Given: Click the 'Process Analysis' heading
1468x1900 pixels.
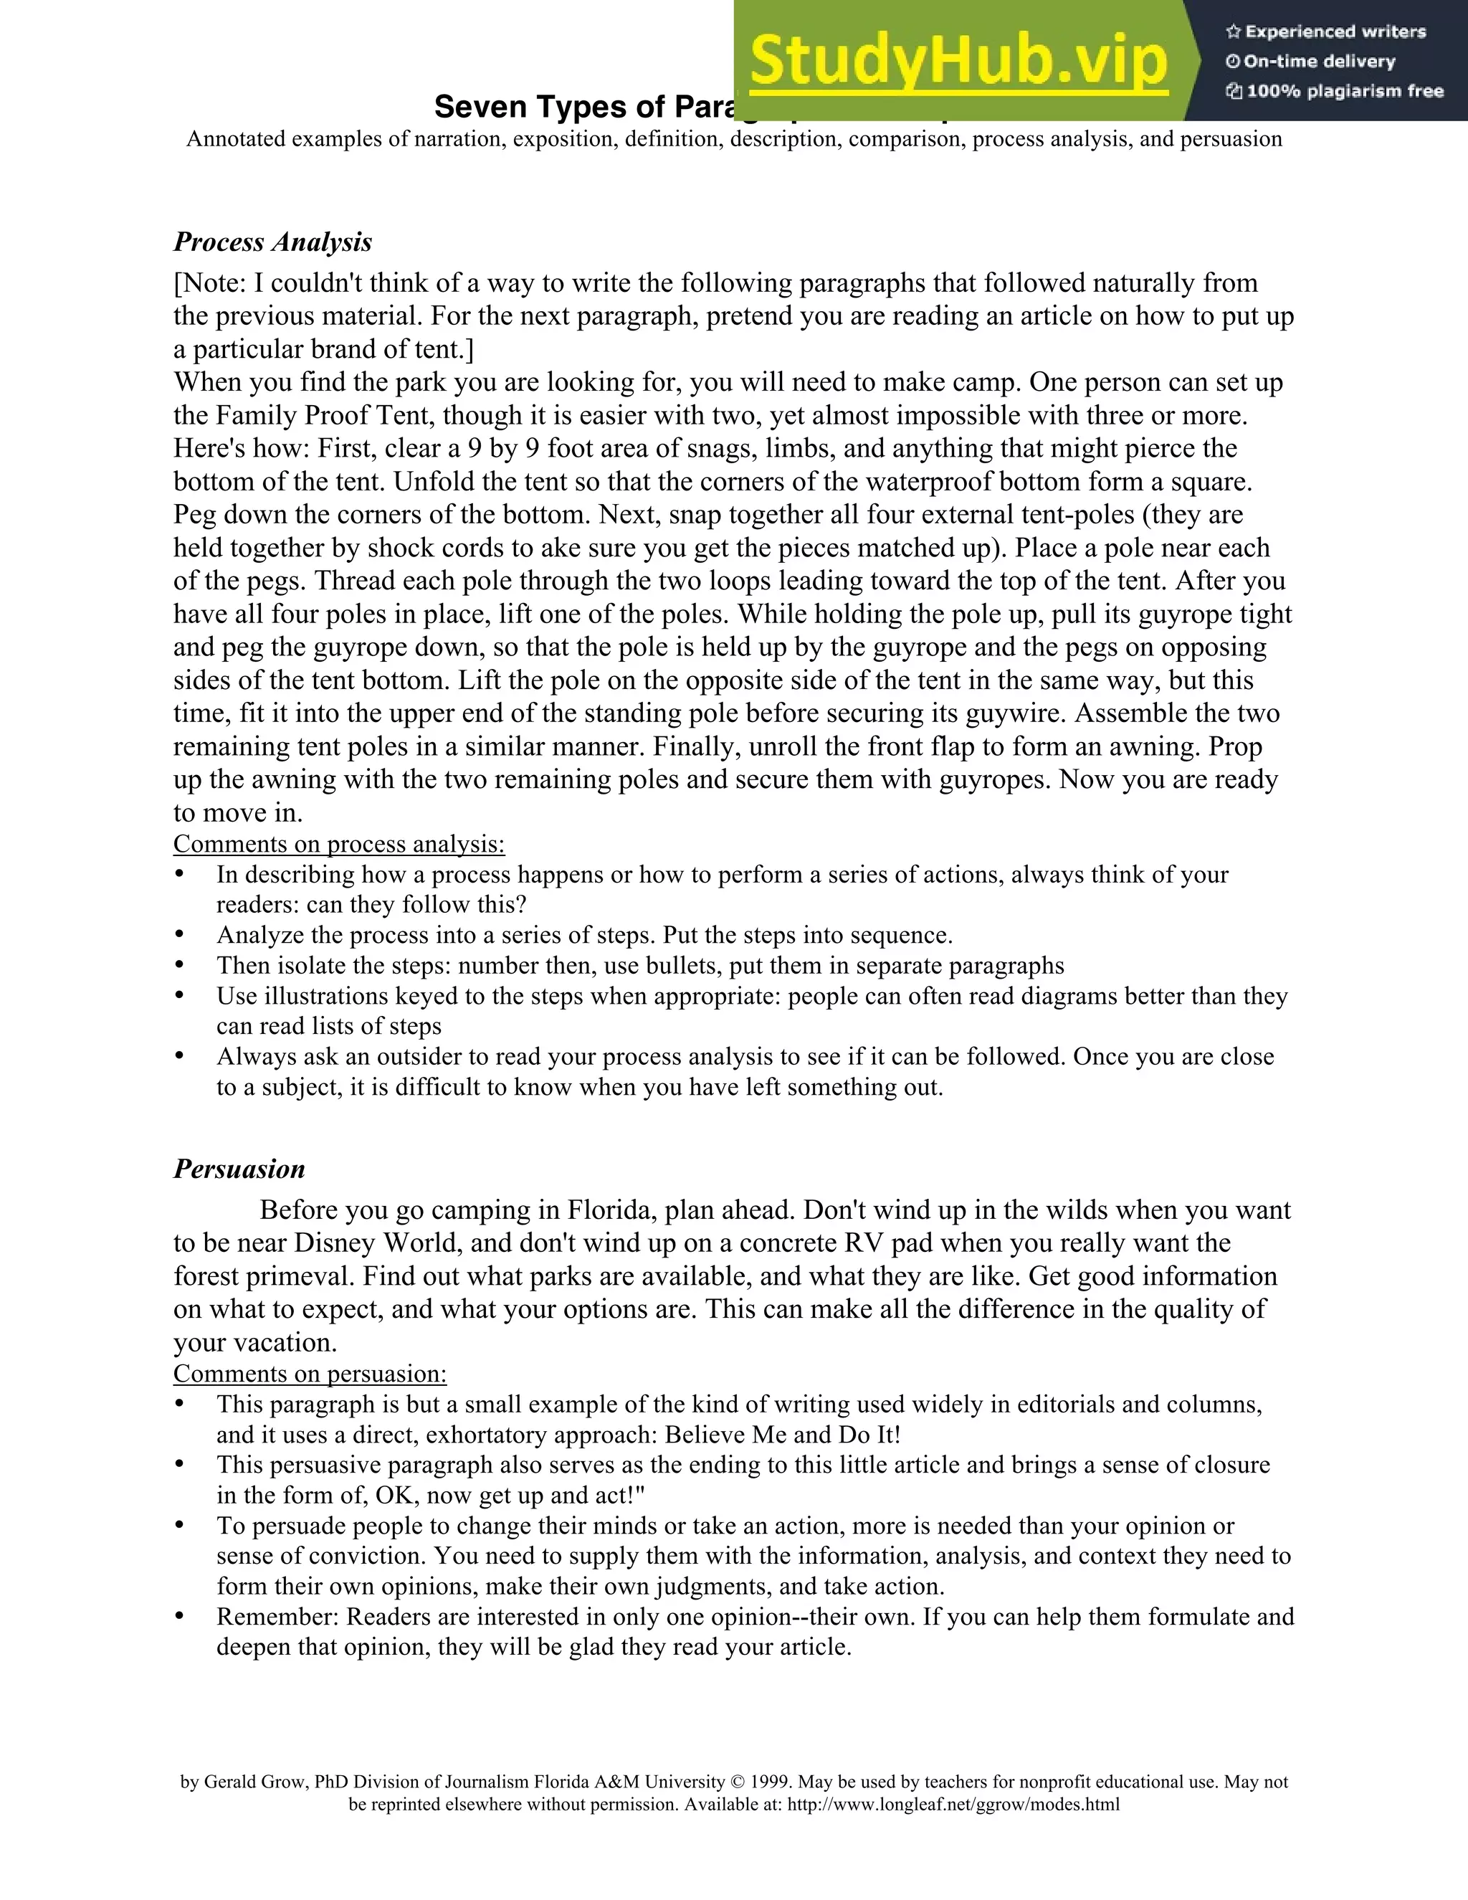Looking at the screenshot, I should tap(272, 242).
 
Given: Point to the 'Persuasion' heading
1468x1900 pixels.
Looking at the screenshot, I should tap(239, 1169).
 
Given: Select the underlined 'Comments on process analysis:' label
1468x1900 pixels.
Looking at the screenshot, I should tap(339, 844).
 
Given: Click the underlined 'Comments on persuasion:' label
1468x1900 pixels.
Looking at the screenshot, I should tap(310, 1374).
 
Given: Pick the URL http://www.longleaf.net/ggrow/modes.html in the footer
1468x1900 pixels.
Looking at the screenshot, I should tap(953, 1805).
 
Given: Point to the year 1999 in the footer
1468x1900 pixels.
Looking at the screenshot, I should tap(771, 1782).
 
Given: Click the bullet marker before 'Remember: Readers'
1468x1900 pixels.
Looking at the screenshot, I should tap(179, 1615).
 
